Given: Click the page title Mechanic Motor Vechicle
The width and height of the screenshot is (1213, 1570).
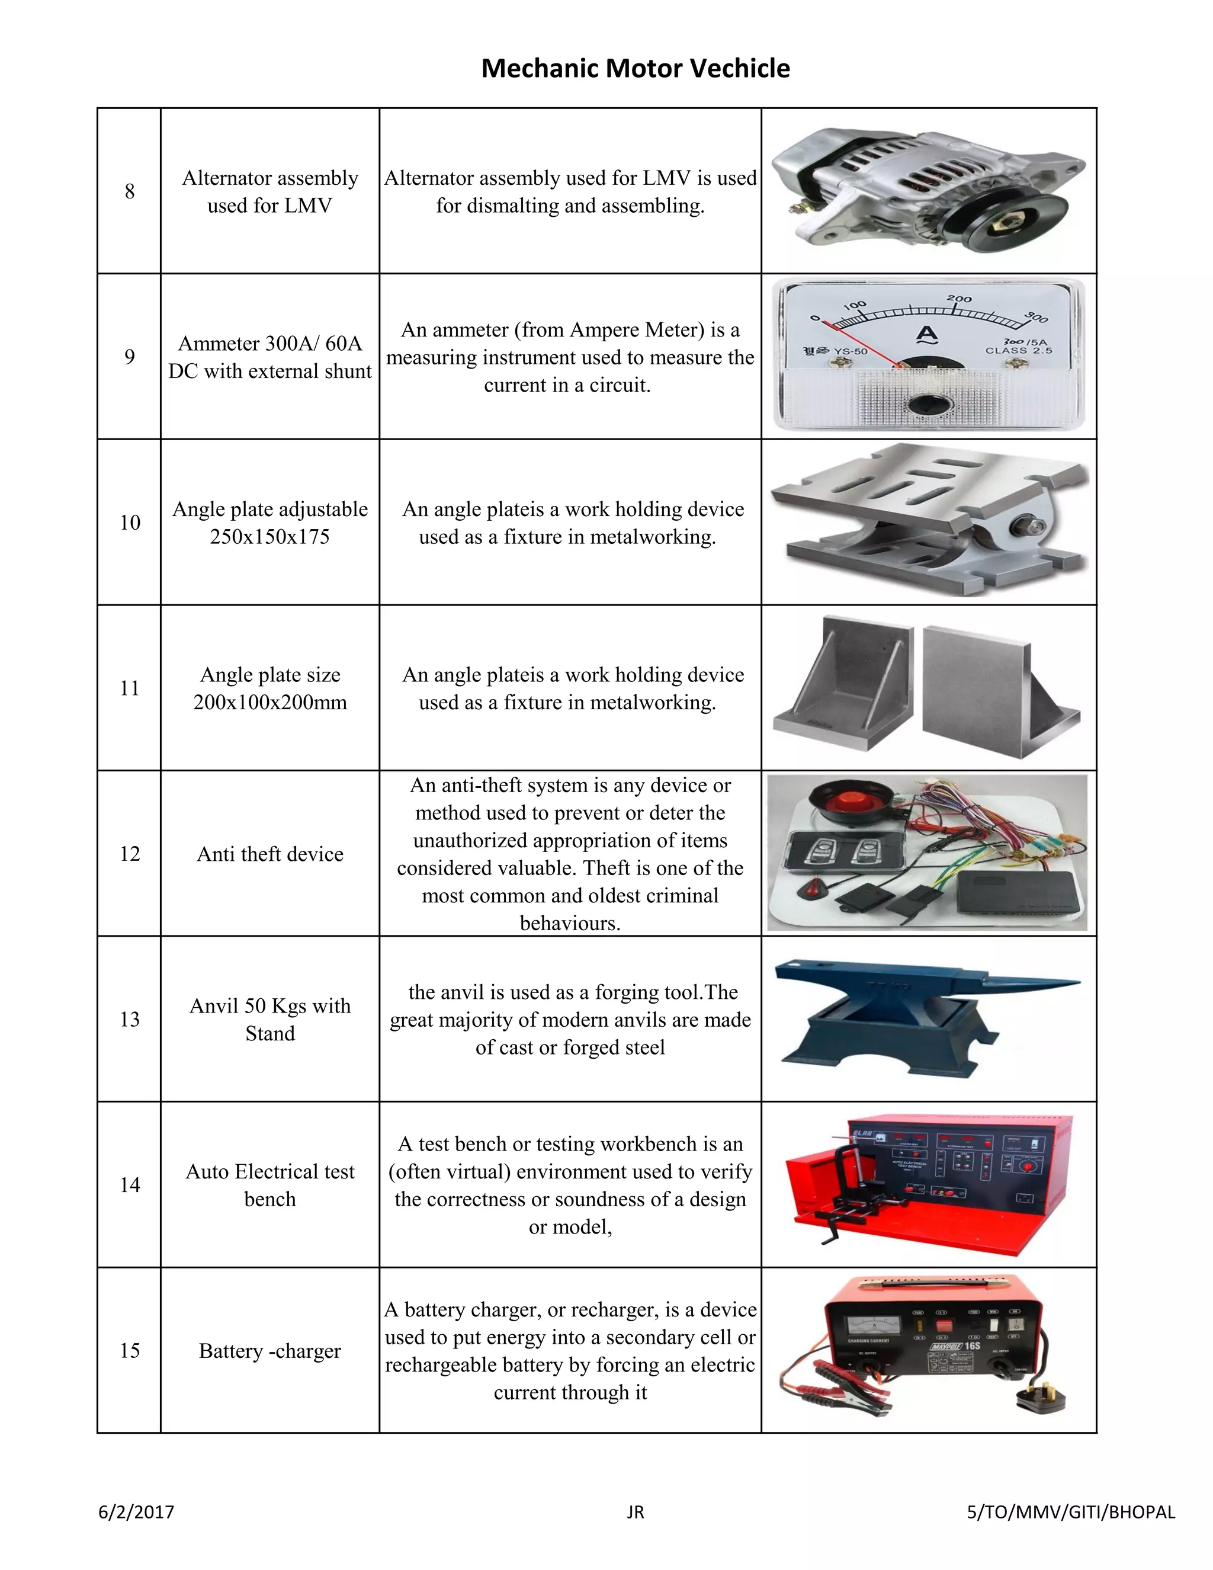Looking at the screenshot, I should click(636, 68).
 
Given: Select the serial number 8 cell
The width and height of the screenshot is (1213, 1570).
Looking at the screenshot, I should click(129, 191).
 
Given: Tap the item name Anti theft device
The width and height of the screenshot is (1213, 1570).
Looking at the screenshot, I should click(270, 854).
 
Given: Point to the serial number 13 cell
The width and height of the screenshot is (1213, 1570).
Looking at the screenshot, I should click(129, 1020).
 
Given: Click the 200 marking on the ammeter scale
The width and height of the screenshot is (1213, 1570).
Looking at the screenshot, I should click(959, 299).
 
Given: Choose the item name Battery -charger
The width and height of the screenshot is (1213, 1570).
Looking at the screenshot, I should click(270, 1351).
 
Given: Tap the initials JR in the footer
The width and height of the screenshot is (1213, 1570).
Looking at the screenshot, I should click(636, 1513).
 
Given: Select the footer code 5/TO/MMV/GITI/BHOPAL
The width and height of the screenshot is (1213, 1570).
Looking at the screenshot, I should click(1071, 1513).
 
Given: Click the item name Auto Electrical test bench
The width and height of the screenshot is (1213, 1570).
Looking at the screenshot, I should click(270, 1185).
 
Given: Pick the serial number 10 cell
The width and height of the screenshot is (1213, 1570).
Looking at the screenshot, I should click(129, 523).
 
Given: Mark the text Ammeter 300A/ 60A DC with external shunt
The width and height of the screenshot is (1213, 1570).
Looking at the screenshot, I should click(270, 357).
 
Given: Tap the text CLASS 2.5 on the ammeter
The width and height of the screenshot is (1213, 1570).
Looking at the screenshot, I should click(1018, 351).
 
